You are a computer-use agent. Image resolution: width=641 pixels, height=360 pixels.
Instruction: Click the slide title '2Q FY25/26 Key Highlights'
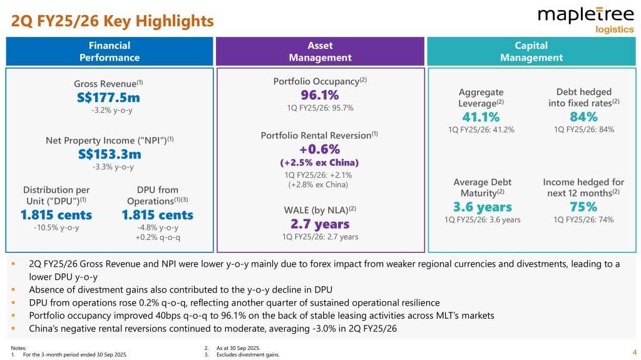[x=113, y=21]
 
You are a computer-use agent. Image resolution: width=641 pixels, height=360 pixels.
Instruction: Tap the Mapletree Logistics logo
[x=586, y=19]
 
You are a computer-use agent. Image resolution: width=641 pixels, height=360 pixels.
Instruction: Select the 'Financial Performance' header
[x=110, y=51]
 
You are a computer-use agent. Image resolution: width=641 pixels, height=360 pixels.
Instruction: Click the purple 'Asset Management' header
[x=320, y=51]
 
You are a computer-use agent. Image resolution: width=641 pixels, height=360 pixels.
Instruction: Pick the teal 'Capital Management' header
[x=531, y=51]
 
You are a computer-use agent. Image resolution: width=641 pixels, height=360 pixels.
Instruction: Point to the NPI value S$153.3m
[x=110, y=154]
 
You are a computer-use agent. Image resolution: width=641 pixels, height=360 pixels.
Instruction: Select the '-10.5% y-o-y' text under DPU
[x=56, y=227]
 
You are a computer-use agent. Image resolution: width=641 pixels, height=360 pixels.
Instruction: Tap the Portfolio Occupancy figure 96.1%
[x=320, y=95]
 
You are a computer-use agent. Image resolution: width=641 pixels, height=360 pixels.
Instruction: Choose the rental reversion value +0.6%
[x=320, y=149]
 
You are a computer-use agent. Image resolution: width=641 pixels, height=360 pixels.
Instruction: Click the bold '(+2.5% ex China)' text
[x=320, y=162]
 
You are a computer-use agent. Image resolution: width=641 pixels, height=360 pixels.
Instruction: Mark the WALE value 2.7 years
[x=320, y=224]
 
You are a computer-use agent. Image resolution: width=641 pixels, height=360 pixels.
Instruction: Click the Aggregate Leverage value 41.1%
[x=481, y=117]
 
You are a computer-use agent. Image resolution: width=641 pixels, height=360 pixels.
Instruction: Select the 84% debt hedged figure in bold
[x=583, y=117]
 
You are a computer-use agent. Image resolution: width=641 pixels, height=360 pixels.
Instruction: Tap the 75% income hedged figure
[x=583, y=207]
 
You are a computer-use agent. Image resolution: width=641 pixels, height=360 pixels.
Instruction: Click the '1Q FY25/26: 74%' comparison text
[x=583, y=220]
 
